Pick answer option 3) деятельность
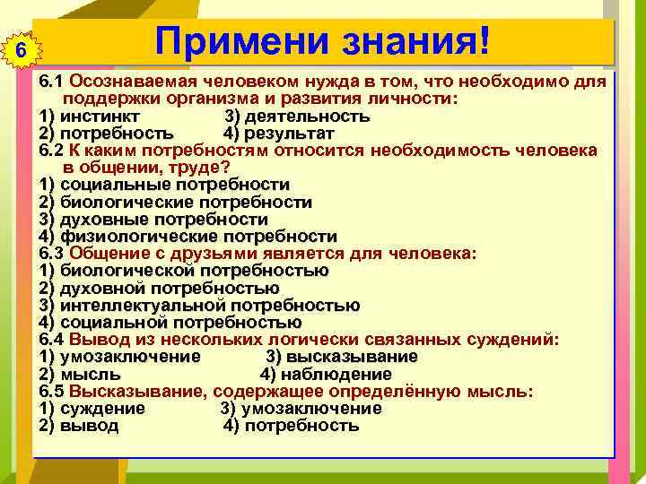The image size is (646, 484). (x=296, y=117)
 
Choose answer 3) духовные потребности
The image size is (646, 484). (x=153, y=220)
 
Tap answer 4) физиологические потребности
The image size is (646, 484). (x=188, y=237)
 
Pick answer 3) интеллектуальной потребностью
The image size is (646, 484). (x=199, y=306)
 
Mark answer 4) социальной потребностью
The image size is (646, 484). (x=170, y=323)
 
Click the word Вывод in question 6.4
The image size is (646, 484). (x=96, y=340)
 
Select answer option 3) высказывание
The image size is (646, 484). (x=342, y=357)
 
